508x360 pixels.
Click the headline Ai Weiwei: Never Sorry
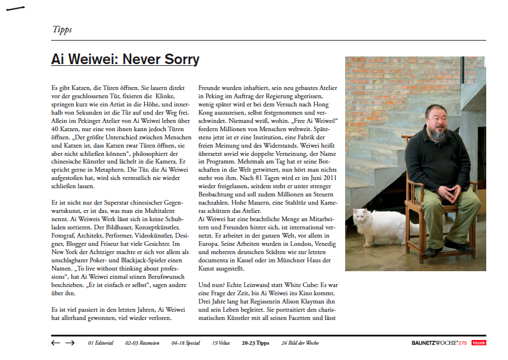pos(125,60)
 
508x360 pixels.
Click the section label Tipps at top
pos(62,29)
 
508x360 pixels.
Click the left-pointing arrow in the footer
pos(56,342)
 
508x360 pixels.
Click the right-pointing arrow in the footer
pos(70,342)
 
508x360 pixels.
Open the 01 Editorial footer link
pos(101,342)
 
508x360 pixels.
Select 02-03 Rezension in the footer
pos(142,342)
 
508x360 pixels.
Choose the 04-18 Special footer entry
pos(186,342)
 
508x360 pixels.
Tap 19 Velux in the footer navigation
pos(221,342)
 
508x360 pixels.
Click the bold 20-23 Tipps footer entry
pos(255,342)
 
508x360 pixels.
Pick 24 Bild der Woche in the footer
pos(300,342)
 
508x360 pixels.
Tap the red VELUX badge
pos(478,342)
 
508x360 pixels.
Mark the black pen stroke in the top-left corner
pos(15,9)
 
